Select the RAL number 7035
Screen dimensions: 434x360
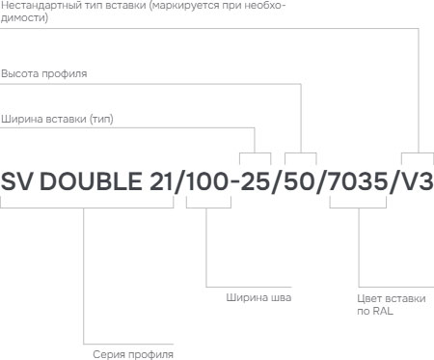359,181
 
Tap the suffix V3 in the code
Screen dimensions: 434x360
416,181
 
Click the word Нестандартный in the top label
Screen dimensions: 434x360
37,6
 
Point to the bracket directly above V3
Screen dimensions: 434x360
416,154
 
